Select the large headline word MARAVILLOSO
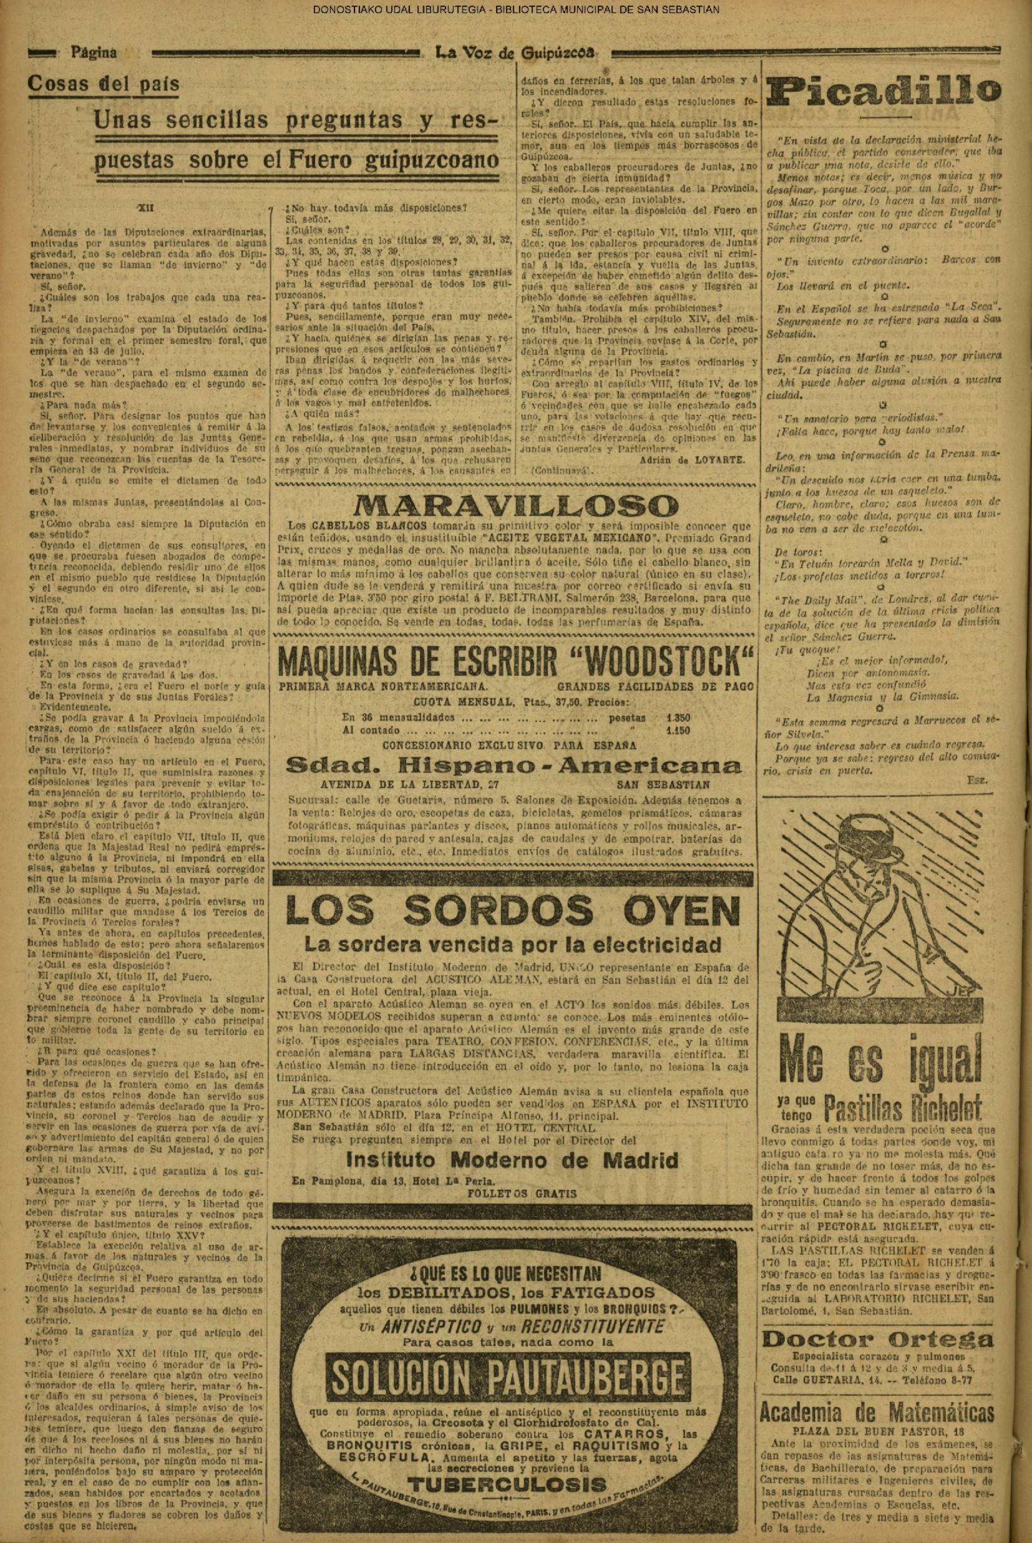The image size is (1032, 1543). pyautogui.click(x=515, y=505)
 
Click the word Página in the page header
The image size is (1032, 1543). pyautogui.click(x=94, y=52)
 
